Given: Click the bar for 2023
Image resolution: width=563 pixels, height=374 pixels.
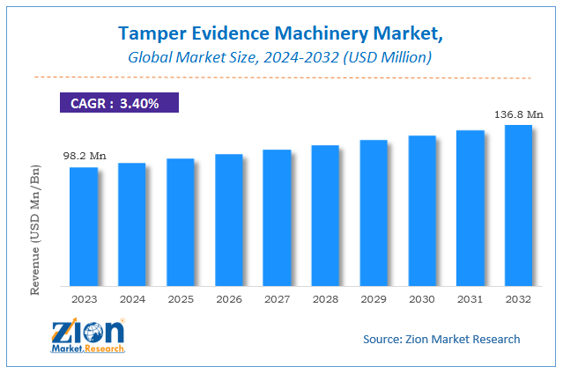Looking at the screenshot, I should [x=84, y=226].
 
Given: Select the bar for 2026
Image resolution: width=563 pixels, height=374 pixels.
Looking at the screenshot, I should [x=229, y=220].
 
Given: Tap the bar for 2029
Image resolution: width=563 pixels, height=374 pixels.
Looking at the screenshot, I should [x=374, y=213].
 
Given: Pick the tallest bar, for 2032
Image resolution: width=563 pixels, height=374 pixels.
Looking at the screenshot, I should [x=518, y=205].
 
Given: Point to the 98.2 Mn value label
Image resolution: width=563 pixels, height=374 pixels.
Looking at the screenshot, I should [x=85, y=156].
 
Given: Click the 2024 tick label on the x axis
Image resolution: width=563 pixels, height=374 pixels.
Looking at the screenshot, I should [x=132, y=300].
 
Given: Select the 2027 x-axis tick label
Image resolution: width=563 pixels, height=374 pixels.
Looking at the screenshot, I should [x=277, y=300].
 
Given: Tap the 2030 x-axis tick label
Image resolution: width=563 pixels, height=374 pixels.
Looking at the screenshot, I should [x=422, y=300].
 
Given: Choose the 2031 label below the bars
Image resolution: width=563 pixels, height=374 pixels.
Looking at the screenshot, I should [x=470, y=300].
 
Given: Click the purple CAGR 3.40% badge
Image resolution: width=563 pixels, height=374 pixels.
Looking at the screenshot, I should [x=118, y=104].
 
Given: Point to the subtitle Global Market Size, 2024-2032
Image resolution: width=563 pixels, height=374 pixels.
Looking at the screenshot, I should [x=281, y=58].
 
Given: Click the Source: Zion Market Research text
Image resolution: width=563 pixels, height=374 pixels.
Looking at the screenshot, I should [x=441, y=339].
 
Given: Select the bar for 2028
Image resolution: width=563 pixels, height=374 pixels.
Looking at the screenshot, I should [x=325, y=216].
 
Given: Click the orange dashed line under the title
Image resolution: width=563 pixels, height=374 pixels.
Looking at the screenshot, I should [x=281, y=77].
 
